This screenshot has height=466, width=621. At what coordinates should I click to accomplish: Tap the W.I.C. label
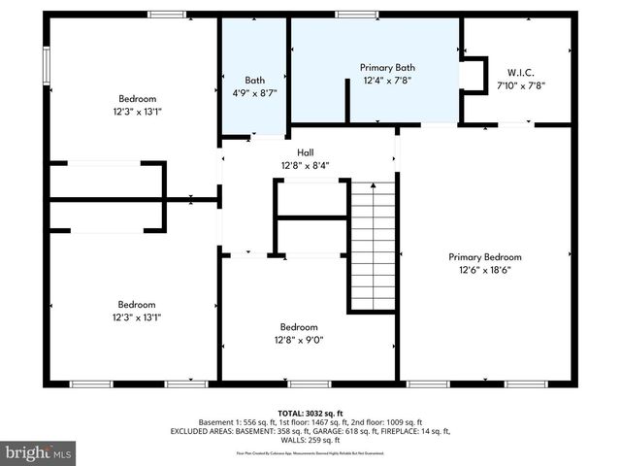click(521, 71)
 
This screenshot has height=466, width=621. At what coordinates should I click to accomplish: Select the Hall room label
click(305, 151)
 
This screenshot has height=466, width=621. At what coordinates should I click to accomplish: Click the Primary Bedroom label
click(484, 257)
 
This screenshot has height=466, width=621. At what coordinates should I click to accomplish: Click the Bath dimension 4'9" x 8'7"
click(254, 94)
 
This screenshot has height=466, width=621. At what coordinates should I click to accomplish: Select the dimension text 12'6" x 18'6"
click(484, 271)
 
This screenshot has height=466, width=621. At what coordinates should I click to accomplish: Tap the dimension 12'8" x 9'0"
click(299, 341)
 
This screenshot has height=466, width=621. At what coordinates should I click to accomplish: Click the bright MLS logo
click(38, 452)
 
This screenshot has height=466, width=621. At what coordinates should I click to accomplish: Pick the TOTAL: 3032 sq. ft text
click(310, 413)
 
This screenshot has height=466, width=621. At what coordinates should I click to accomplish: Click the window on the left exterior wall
click(46, 64)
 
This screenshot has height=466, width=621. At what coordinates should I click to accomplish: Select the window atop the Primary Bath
click(357, 14)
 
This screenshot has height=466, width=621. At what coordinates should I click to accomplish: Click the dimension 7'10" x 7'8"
click(521, 84)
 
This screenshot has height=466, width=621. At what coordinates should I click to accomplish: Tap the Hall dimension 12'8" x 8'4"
click(305, 165)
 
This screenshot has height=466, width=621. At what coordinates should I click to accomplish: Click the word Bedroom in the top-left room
click(137, 98)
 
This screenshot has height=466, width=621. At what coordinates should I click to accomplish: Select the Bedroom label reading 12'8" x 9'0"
click(299, 327)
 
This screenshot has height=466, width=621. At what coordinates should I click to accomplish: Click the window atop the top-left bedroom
click(167, 14)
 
